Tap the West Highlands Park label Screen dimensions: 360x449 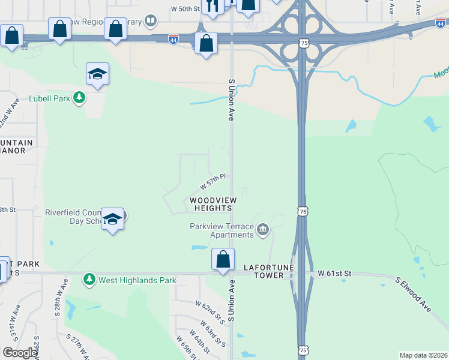pos(137,280)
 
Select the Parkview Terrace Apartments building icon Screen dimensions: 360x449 pos(262,229)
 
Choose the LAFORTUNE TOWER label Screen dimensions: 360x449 pos(264,271)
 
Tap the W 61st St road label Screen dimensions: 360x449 pos(334,274)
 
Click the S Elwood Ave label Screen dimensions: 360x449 pos(414,294)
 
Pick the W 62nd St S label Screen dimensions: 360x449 pos(210,313)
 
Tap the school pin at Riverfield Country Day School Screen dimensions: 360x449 pos(112,220)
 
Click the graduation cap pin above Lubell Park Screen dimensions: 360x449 pos(97,74)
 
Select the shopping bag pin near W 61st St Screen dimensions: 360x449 pos(223,260)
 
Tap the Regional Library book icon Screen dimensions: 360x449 pos(151,22)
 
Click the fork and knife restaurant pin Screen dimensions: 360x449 pos(211,6)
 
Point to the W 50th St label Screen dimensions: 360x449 pos(185,9)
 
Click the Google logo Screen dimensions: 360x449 pos(20,353)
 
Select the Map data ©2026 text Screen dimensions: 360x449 pos(423,355)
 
